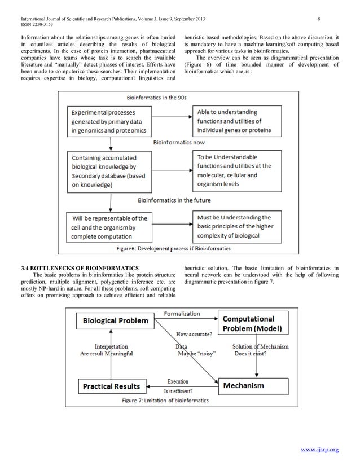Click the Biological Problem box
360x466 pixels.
pyautogui.click(x=116, y=321)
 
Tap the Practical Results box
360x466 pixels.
pyautogui.click(x=112, y=386)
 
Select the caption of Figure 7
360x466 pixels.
pyautogui.click(x=165, y=401)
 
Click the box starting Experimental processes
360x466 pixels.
pyautogui.click(x=107, y=121)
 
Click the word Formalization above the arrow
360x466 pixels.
pyautogui.click(x=182, y=313)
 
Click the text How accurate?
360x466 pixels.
pyautogui.click(x=194, y=334)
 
